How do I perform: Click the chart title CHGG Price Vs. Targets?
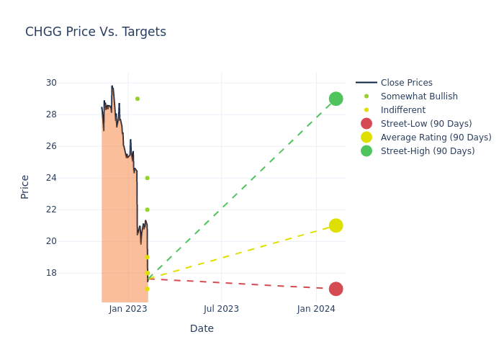click(96, 32)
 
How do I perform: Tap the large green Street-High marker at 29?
click(336, 99)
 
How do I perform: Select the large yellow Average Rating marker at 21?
click(336, 225)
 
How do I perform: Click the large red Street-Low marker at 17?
click(336, 289)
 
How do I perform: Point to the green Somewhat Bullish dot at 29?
click(138, 99)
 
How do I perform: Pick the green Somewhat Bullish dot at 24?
click(147, 178)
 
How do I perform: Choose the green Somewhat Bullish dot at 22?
click(147, 210)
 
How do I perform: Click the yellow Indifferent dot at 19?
click(147, 257)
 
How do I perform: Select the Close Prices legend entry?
click(406, 83)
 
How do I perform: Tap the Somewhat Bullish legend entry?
click(419, 96)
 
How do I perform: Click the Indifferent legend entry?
click(402, 110)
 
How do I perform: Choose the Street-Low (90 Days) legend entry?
click(426, 124)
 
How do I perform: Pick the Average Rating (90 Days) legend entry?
click(436, 138)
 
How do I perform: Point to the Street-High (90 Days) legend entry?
click(428, 151)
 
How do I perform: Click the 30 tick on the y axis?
click(51, 83)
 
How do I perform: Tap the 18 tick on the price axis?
click(51, 273)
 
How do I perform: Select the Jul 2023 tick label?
click(221, 309)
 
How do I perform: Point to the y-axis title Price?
click(25, 186)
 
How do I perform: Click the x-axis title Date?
click(202, 328)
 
